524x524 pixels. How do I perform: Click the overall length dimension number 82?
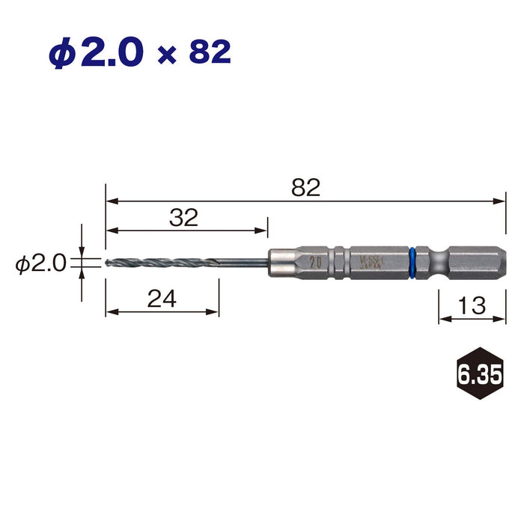click(x=305, y=187)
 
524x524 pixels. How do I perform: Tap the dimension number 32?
click(x=183, y=218)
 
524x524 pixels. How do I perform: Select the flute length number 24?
click(x=161, y=299)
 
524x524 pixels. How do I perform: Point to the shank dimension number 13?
click(x=472, y=305)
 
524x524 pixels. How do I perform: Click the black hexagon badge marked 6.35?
click(x=476, y=373)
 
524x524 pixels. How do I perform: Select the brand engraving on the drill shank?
click(x=371, y=263)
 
